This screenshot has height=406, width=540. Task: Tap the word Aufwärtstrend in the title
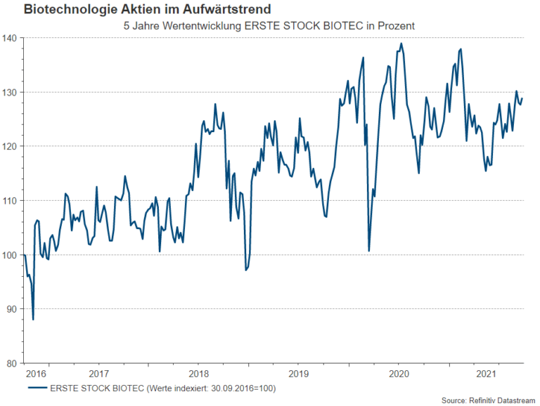click(x=229, y=10)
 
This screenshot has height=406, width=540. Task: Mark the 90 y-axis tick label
click(x=12, y=309)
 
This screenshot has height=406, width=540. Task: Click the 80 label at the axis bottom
click(x=12, y=363)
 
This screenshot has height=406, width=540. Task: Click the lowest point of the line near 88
click(x=33, y=320)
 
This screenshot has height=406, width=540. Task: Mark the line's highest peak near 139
click(x=401, y=44)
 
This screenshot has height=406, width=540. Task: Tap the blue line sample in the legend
click(x=37, y=387)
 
